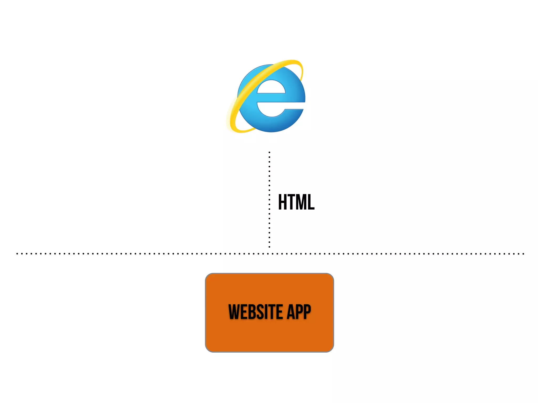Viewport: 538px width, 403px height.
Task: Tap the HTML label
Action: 296,202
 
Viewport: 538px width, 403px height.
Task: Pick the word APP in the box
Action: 299,312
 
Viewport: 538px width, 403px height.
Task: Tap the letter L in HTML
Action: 311,202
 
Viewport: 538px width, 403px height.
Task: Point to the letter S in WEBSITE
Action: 258,312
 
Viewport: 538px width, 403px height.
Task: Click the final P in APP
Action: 307,312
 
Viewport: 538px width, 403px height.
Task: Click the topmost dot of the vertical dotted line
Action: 269,152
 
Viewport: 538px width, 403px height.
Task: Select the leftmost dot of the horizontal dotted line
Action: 17,254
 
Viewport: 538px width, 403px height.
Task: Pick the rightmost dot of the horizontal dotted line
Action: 523,254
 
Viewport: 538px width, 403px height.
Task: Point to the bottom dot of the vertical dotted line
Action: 269,247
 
